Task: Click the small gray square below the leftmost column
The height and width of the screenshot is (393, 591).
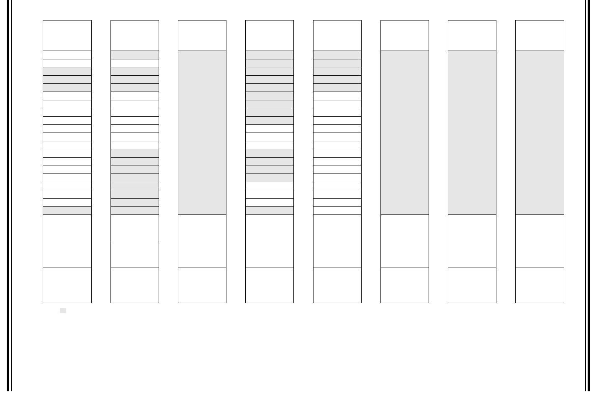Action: pos(63,311)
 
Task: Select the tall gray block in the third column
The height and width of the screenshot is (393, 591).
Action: pos(202,133)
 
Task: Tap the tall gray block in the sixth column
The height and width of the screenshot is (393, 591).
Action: pos(404,133)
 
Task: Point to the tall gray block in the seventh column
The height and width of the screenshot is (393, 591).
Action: pos(472,133)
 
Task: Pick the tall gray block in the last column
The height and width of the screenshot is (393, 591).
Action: pos(540,133)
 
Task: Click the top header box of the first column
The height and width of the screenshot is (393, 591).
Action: pos(67,36)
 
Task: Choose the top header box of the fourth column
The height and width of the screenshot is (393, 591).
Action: pos(270,36)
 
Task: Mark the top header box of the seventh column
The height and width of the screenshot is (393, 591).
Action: pos(472,36)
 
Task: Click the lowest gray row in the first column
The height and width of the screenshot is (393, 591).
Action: pos(67,210)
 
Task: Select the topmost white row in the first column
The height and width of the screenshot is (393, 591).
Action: pos(67,55)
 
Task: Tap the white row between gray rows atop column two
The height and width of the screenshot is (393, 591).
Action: pos(135,63)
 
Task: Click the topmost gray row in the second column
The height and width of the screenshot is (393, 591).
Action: pos(135,55)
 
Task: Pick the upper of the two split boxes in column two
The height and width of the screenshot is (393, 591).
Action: pos(135,228)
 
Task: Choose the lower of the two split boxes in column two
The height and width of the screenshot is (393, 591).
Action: pos(135,254)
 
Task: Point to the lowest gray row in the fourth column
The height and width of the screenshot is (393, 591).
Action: pos(270,210)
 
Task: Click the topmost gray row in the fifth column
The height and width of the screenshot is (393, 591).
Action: pos(337,55)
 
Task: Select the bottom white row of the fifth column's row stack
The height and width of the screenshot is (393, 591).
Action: pos(337,210)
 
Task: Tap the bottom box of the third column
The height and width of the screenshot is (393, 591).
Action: pos(202,285)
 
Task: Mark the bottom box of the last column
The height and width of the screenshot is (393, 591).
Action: pos(540,285)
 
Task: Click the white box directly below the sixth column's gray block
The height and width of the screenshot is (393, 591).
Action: pos(404,241)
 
